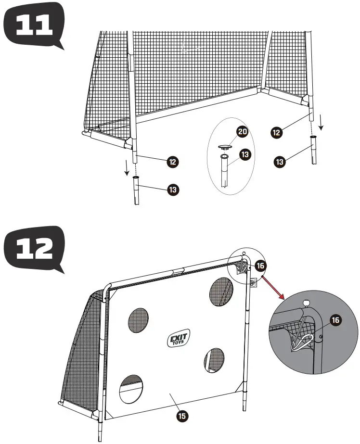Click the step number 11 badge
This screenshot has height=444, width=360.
click(x=33, y=25)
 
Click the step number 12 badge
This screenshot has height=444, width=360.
click(x=33, y=249)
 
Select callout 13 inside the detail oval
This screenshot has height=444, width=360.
click(x=245, y=154)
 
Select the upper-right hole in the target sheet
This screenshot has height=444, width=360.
click(x=221, y=292)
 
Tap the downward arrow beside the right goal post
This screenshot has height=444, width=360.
click(x=321, y=126)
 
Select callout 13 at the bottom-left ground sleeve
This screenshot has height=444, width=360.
click(x=173, y=190)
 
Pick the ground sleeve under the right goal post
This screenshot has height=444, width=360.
click(x=314, y=150)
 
